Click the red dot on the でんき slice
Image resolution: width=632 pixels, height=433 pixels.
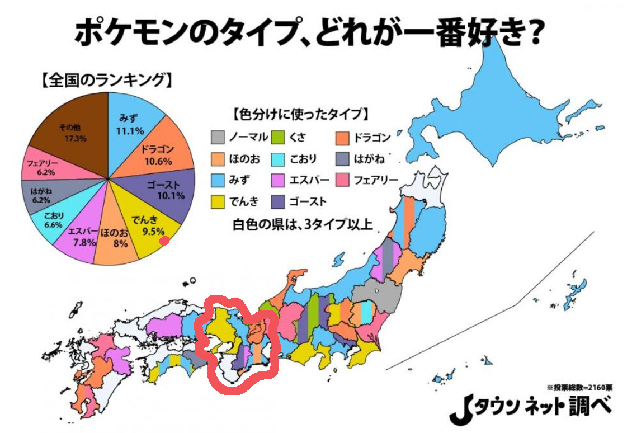[164, 241]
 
